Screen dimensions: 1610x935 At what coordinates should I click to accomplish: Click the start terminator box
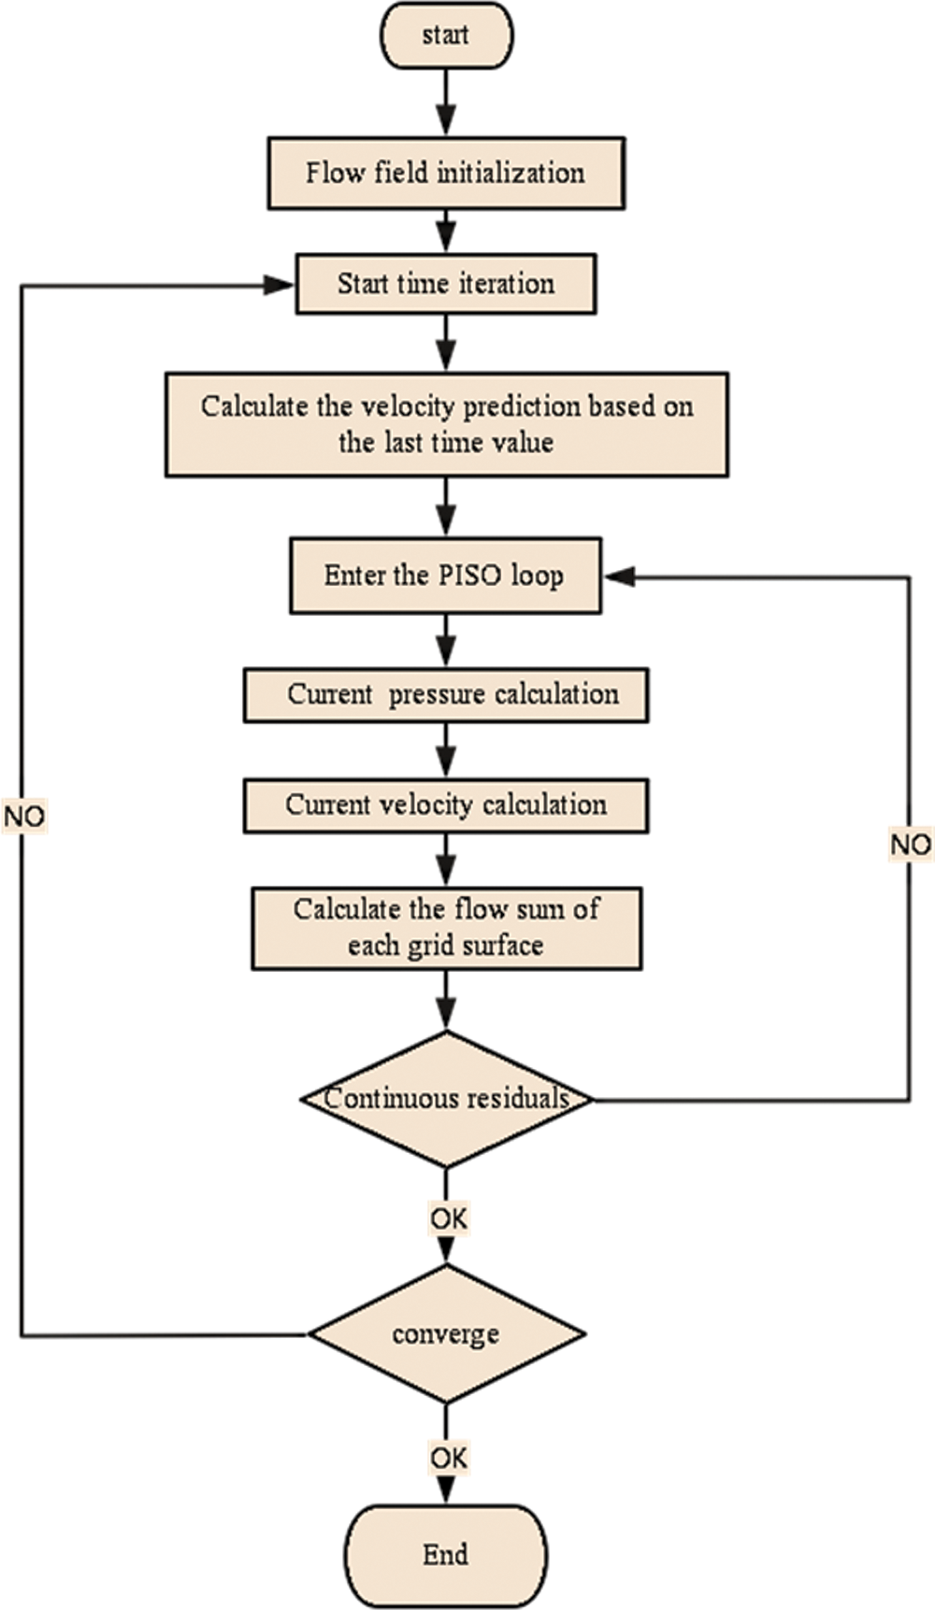click(446, 36)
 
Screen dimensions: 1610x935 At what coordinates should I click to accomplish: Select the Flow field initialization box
click(446, 173)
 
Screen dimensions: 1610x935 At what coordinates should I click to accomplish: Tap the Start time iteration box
click(446, 283)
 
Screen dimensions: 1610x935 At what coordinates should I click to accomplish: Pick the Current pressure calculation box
click(446, 694)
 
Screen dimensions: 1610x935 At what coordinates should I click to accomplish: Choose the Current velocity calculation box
click(446, 805)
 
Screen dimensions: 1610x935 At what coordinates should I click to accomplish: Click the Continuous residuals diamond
click(446, 1098)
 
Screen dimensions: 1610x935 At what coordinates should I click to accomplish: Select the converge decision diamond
click(446, 1333)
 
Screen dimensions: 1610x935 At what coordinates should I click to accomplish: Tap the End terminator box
click(446, 1555)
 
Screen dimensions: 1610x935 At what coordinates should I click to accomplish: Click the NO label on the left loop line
click(23, 817)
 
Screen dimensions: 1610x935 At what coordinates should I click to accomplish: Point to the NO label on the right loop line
click(910, 845)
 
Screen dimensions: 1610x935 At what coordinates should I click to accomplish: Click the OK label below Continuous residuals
click(448, 1218)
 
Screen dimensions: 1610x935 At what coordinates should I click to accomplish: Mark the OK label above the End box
click(448, 1457)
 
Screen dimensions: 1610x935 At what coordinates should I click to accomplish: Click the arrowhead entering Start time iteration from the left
click(280, 284)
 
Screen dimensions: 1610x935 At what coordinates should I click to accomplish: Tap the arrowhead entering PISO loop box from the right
click(619, 577)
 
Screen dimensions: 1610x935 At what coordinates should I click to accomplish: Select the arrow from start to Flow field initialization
click(447, 103)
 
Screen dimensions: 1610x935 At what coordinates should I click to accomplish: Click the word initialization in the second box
click(511, 173)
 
